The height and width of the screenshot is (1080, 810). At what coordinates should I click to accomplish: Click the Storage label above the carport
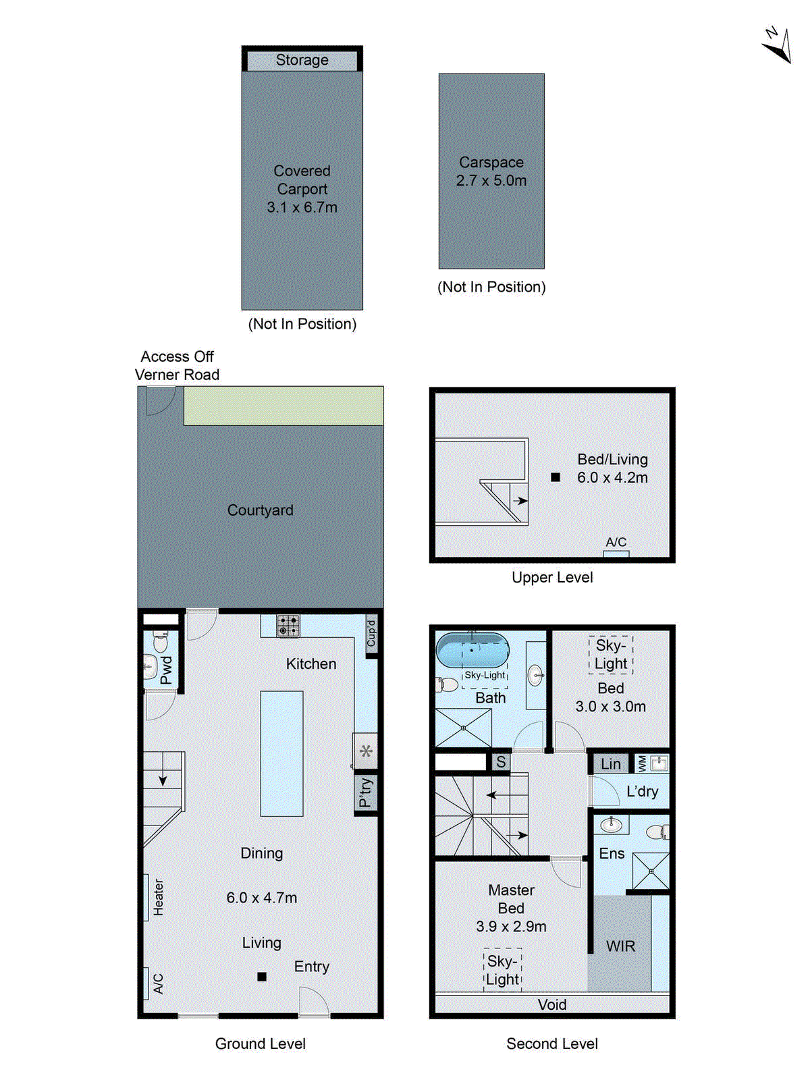tap(302, 60)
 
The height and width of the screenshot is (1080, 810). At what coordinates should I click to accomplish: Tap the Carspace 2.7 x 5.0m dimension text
tap(491, 181)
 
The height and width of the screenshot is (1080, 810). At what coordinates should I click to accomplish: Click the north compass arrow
tap(777, 47)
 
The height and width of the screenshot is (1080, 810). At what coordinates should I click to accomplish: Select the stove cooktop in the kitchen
tap(288, 626)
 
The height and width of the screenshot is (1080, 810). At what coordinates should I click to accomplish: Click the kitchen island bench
tap(281, 753)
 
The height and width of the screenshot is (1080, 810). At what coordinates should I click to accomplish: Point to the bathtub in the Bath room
tap(472, 650)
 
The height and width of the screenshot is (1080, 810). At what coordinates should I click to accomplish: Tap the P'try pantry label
tap(365, 792)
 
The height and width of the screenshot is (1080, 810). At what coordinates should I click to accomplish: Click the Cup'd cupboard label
tap(371, 633)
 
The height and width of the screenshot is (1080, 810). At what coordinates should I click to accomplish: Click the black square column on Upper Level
tap(556, 477)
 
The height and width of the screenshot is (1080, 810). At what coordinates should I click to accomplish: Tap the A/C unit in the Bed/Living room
tap(616, 553)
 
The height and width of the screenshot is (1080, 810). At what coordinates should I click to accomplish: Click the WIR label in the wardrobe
tap(620, 946)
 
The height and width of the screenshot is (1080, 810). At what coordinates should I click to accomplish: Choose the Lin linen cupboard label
tap(610, 764)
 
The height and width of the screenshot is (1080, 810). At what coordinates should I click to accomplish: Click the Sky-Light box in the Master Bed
tap(503, 971)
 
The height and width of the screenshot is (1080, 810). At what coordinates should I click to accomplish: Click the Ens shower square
tap(651, 871)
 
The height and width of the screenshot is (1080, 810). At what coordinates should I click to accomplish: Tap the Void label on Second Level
tap(551, 1004)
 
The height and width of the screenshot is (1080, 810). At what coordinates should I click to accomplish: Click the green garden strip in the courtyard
tap(283, 406)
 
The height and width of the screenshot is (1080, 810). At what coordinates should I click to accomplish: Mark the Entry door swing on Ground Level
tap(313, 1000)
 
